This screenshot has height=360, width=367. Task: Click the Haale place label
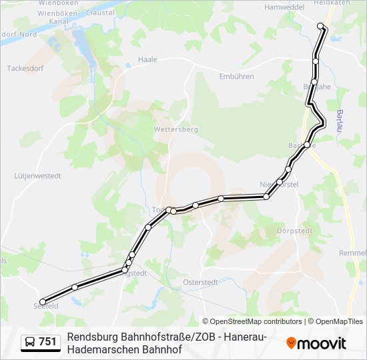click(x=147, y=59)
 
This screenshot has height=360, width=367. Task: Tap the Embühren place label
click(x=236, y=76)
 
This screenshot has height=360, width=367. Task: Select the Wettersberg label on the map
click(x=175, y=129)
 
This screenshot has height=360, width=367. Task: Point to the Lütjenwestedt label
click(x=38, y=177)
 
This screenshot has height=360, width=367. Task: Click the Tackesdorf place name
click(x=25, y=68)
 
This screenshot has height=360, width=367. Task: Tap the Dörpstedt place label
click(x=291, y=231)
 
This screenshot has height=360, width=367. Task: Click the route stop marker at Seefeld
click(x=43, y=301)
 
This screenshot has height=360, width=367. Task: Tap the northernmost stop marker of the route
click(x=320, y=26)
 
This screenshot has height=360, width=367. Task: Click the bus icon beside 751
click(x=30, y=342)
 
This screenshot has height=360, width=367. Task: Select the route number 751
click(x=48, y=342)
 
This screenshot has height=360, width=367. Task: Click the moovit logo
click(x=316, y=343)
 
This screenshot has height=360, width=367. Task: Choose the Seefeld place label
click(x=46, y=306)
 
